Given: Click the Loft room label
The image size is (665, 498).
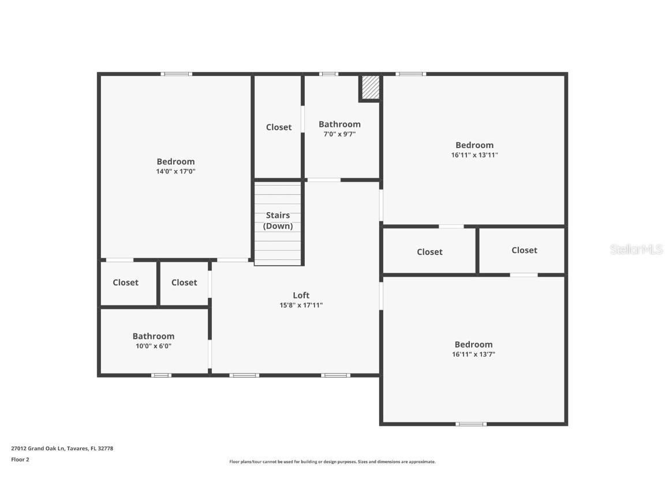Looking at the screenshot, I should pyautogui.click(x=301, y=295).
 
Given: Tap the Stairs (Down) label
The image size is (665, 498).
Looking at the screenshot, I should pyautogui.click(x=278, y=221).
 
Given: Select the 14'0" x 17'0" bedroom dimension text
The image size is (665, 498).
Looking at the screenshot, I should pyautogui.click(x=175, y=171).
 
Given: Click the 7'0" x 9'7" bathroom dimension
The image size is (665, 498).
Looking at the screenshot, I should pyautogui.click(x=339, y=134).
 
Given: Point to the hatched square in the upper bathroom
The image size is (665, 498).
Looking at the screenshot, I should pyautogui.click(x=370, y=88).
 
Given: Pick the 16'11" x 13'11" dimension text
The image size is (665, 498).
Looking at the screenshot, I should pyautogui.click(x=475, y=155).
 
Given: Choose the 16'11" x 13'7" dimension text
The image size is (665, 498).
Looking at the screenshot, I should pyautogui.click(x=473, y=354).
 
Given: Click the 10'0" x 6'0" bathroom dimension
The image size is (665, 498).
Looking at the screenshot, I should pyautogui.click(x=153, y=346).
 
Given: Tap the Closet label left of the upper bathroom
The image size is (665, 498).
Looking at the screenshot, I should pyautogui.click(x=279, y=127).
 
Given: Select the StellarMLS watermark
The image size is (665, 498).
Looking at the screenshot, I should pyautogui.click(x=636, y=249).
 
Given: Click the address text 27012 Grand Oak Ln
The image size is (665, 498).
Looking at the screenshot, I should pyautogui.click(x=62, y=448).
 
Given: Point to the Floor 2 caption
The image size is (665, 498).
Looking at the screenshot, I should pyautogui.click(x=20, y=459).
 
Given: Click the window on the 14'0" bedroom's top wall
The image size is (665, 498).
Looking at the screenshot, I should pyautogui.click(x=176, y=74).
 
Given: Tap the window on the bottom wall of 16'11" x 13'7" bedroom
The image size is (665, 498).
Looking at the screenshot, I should pyautogui.click(x=470, y=424).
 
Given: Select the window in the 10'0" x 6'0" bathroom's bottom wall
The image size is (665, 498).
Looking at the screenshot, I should pyautogui.click(x=161, y=375).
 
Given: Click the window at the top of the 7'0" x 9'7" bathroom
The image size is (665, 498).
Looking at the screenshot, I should pyautogui.click(x=328, y=74).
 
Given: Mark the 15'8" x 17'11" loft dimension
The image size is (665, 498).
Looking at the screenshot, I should pyautogui.click(x=301, y=305).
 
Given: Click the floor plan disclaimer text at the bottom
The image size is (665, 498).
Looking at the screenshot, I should pyautogui.click(x=332, y=462).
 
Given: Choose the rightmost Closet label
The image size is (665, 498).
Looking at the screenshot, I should pyautogui.click(x=524, y=250).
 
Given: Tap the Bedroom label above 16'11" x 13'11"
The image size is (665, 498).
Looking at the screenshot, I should pyautogui.click(x=475, y=145).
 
